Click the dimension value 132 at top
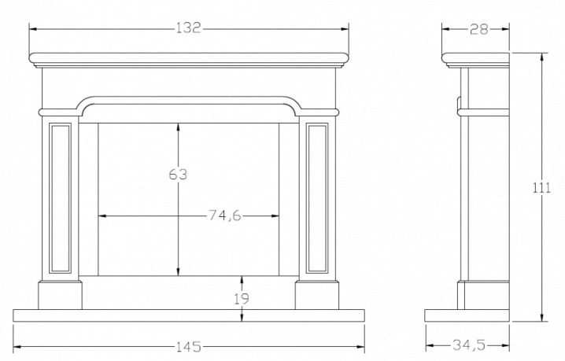tap(189, 28)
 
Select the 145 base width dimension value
tap(190, 346)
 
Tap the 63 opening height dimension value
tap(178, 175)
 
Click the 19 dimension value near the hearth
tap(242, 298)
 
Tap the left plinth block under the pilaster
tap(61, 295)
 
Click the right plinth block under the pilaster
tap(318, 295)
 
